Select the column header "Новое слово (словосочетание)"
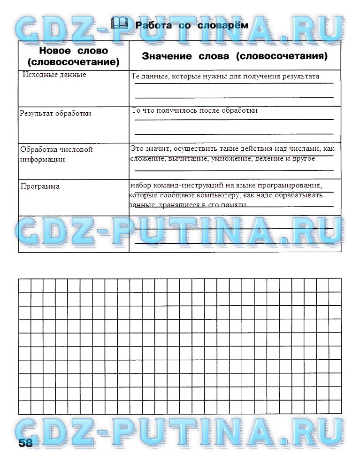[x=73, y=56]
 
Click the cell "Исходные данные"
[x=54, y=75]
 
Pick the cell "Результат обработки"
[x=55, y=113]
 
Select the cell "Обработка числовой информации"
[x=56, y=154]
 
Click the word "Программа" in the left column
[x=40, y=186]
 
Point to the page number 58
[x=26, y=443]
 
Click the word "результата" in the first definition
[x=303, y=76]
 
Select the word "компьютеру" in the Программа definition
[x=232, y=195]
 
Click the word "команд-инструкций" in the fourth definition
[x=180, y=185]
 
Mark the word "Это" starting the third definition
[x=136, y=148]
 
